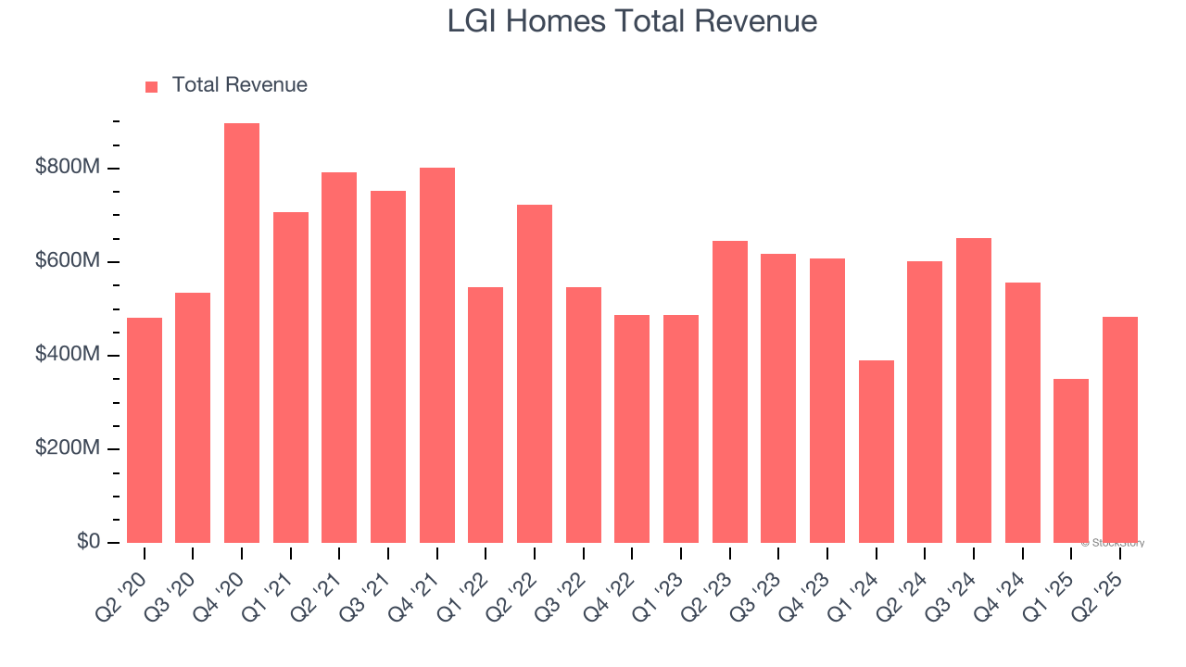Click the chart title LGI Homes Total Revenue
(632, 20)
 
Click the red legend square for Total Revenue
(152, 86)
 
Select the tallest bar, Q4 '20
(242, 333)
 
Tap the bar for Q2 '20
(145, 431)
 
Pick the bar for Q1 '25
(1071, 461)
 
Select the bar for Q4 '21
(437, 356)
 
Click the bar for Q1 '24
(877, 452)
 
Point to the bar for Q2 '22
(535, 374)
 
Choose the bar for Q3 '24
(974, 391)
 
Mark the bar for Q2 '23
(730, 392)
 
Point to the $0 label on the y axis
(89, 542)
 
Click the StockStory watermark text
(1116, 543)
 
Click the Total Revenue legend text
(239, 85)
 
